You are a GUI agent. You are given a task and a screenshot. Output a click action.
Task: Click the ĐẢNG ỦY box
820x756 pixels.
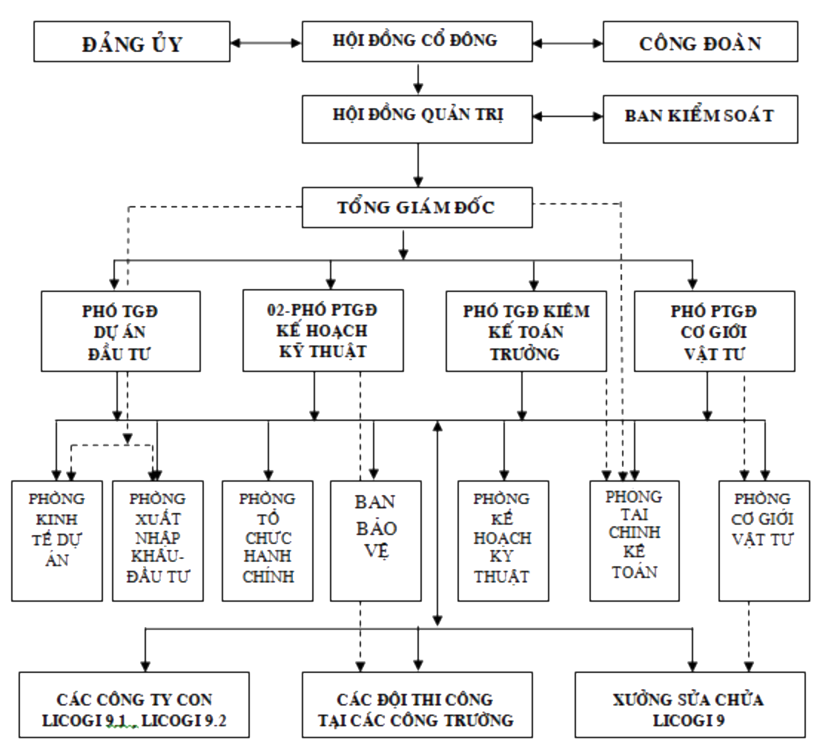[132, 44]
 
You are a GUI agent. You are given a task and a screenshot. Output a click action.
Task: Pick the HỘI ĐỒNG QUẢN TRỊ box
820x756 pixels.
[418, 118]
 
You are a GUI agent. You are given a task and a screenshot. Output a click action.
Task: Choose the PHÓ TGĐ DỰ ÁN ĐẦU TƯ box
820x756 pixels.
[121, 330]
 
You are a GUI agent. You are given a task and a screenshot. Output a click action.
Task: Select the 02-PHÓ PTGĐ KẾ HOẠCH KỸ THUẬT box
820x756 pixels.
[323, 330]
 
